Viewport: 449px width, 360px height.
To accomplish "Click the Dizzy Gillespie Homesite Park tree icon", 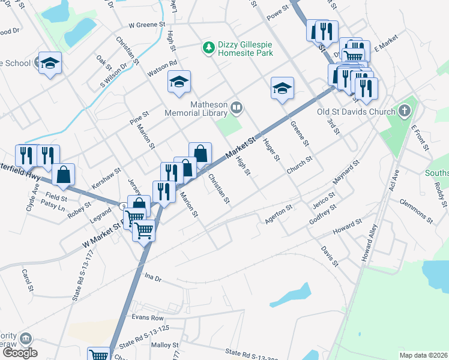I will tap(208, 47).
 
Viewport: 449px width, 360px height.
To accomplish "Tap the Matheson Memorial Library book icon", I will tap(237, 109).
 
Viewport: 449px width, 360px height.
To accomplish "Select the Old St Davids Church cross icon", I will tap(405, 111).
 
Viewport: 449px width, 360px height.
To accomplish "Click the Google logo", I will tap(20, 353).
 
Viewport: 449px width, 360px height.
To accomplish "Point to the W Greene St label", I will tap(147, 25).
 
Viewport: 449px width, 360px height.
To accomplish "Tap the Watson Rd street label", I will tap(163, 67).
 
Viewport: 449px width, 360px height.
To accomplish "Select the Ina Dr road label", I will tap(154, 277).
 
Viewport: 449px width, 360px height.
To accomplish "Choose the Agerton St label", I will tap(279, 214).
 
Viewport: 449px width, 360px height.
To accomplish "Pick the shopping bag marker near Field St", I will tap(63, 175).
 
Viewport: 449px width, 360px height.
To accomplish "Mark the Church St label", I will tap(300, 166).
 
